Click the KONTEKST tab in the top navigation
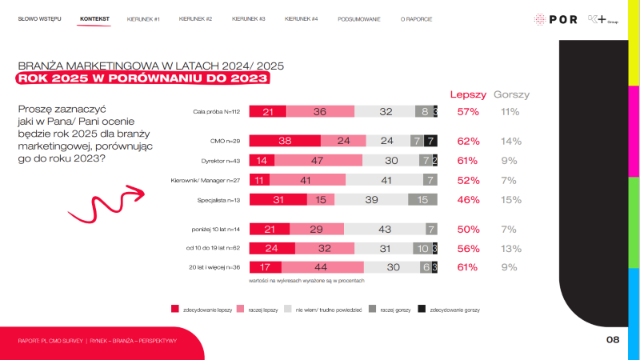95,18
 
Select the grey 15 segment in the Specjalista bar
422,199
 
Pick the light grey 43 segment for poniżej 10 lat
384,230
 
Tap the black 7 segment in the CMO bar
430,141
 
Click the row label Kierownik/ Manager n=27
203,180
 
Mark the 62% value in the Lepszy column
467,141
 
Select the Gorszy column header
512,94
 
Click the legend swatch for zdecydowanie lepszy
175,308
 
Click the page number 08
613,340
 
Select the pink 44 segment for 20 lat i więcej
322,268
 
